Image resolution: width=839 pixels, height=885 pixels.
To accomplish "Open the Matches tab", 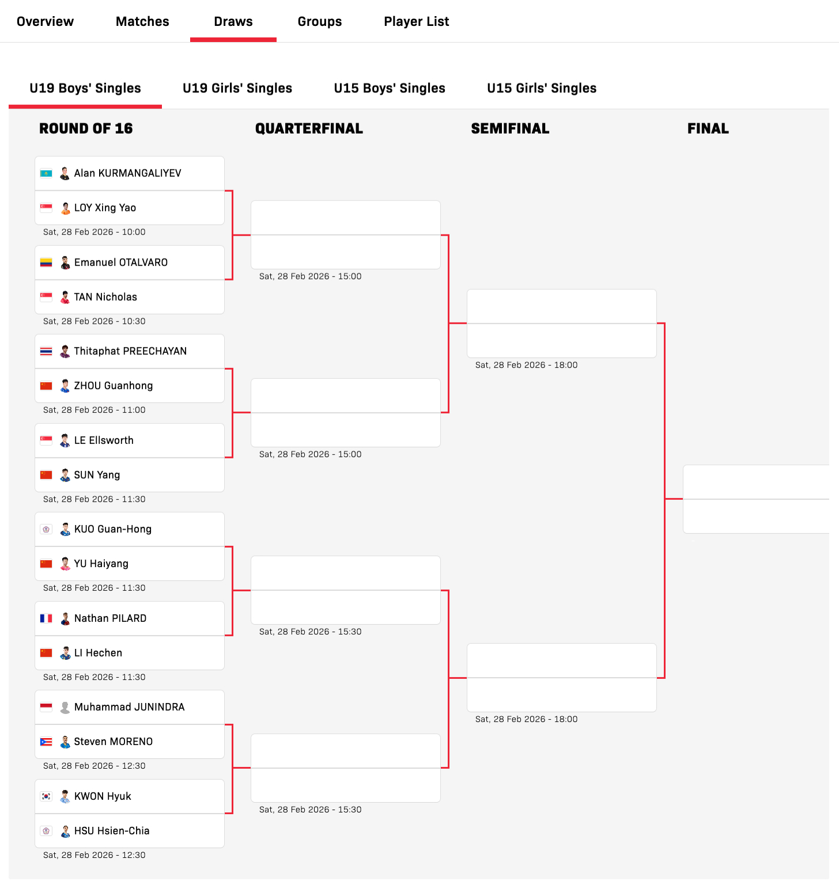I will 142,21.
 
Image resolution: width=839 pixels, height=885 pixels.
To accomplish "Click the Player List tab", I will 416,21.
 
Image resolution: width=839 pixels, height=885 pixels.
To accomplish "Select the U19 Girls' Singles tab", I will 237,88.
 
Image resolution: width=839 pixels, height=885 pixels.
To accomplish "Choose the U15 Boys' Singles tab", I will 390,88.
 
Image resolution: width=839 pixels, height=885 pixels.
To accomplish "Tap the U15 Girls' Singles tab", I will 542,88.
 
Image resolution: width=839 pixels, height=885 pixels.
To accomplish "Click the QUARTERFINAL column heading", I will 309,128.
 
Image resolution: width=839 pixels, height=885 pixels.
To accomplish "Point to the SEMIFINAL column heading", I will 510,128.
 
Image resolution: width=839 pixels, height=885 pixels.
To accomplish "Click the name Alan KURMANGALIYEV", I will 127,173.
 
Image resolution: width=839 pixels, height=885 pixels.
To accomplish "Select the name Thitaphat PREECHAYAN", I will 130,351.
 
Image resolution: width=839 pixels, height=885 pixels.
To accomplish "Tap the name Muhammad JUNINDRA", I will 129,707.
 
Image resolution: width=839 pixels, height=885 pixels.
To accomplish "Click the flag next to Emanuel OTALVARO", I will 46,263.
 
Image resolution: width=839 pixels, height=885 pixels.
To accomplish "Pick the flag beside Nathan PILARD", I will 46,618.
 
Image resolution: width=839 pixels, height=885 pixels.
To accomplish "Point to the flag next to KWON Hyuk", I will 46,796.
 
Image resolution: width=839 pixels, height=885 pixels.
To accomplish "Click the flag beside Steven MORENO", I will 46,742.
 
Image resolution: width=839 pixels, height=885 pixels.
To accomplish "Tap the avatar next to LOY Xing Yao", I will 65,208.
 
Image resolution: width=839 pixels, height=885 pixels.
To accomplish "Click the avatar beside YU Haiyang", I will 65,564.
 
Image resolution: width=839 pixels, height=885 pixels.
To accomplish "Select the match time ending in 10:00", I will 94,232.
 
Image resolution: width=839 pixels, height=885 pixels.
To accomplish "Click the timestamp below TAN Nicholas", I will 94,321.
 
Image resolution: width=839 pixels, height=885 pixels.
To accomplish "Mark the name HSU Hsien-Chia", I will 112,831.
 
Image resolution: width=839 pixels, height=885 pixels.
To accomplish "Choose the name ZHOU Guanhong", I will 114,386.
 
